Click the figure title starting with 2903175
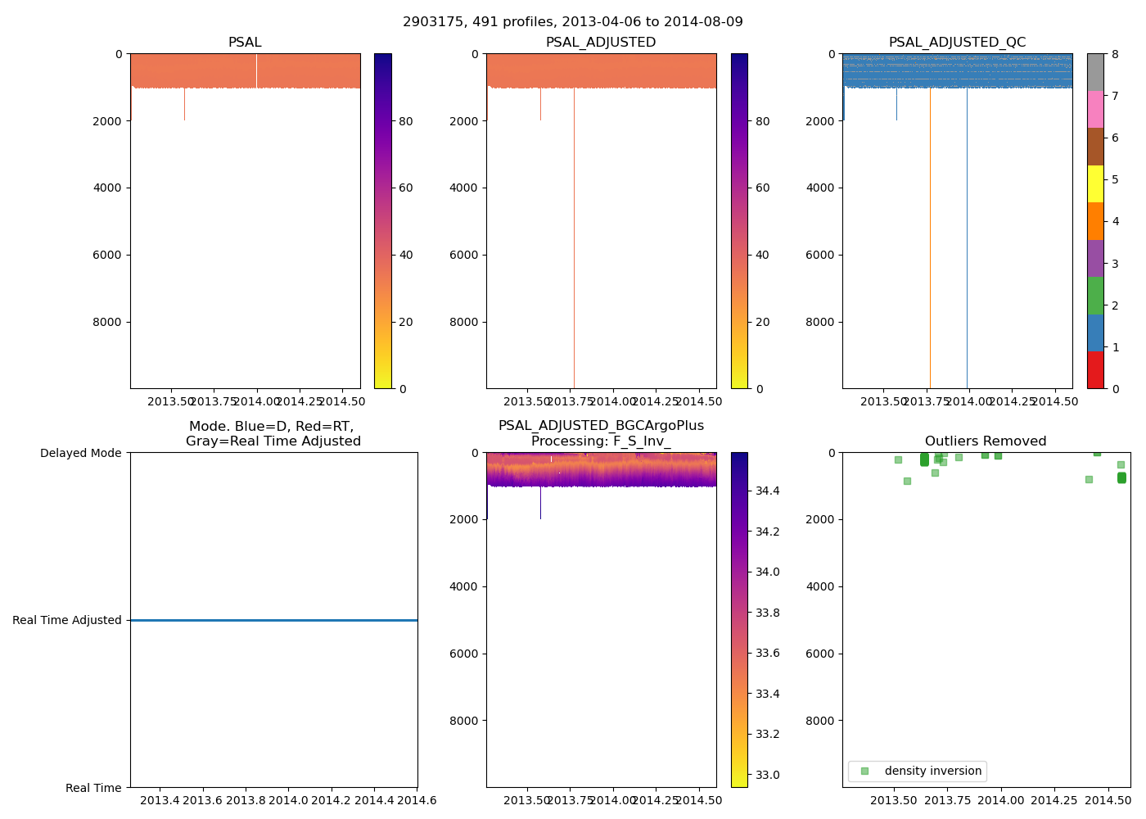point(572,22)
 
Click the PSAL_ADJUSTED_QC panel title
point(957,43)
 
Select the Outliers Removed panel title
point(986,441)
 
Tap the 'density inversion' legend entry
point(917,771)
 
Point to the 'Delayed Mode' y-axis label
point(80,453)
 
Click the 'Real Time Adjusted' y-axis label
point(66,621)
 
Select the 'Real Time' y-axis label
point(93,788)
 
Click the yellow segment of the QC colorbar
point(1095,184)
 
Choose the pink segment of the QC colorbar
point(1095,110)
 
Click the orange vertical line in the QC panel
point(930,246)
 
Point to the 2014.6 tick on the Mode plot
point(417,799)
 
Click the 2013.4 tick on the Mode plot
point(160,799)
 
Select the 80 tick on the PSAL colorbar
point(405,121)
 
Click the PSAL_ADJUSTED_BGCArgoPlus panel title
point(601,433)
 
